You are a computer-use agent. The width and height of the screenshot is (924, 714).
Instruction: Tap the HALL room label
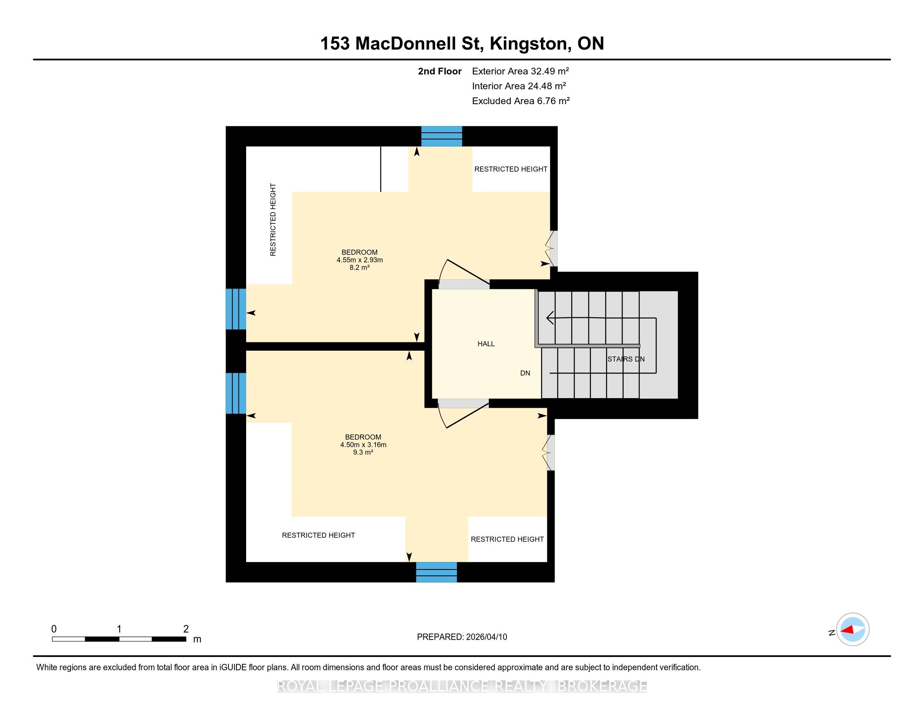point(486,344)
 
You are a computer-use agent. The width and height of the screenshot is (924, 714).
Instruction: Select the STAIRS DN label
point(626,359)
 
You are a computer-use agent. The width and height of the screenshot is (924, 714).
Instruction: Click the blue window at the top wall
point(441,136)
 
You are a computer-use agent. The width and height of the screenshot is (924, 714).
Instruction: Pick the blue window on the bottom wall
point(436,572)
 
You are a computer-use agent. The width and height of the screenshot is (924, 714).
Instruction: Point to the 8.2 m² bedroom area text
point(360,267)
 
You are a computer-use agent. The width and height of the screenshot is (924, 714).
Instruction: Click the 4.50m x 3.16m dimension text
point(363,444)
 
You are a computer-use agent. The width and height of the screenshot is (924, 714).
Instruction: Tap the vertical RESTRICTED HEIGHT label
point(273,220)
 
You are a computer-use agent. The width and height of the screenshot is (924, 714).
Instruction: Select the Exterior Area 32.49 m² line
point(520,71)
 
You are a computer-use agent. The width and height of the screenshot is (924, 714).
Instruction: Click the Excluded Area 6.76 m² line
point(521,101)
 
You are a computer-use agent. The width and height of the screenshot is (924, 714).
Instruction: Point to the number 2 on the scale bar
point(186,629)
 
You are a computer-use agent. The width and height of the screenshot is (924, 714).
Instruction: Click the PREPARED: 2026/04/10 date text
point(462,637)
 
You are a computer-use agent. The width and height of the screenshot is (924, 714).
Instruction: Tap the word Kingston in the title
point(529,44)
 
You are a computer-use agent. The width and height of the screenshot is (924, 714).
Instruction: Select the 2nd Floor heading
point(440,71)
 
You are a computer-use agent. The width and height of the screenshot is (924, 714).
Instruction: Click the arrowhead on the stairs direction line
point(550,317)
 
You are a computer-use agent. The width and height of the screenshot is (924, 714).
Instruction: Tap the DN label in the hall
point(525,373)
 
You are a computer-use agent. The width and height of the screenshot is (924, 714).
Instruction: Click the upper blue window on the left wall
point(236,309)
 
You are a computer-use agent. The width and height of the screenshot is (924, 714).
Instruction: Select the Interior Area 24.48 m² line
point(519,86)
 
